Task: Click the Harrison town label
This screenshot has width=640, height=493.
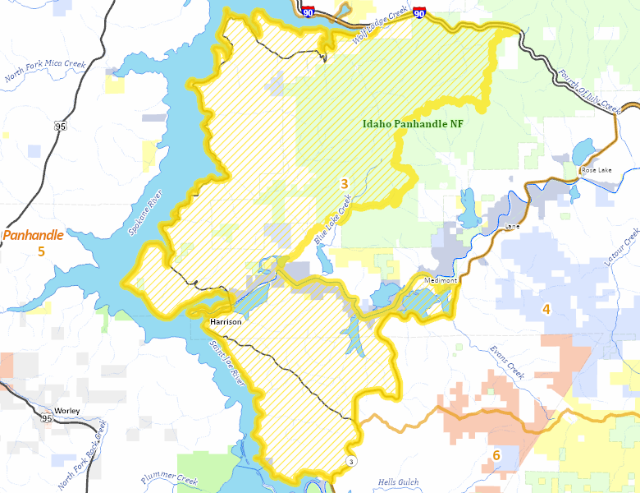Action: point(226,321)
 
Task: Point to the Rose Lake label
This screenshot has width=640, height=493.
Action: point(597,170)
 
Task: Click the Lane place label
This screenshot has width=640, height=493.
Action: point(513,225)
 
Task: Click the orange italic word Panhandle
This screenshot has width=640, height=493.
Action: point(34,235)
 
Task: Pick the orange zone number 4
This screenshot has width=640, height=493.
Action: point(546,309)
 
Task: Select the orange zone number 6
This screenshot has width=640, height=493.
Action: point(496,454)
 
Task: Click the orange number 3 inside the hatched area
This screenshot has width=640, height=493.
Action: point(345,183)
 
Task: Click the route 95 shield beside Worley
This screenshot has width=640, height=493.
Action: point(46,419)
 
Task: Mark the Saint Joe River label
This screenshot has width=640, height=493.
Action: point(226,362)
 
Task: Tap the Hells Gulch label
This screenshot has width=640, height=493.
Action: point(398,481)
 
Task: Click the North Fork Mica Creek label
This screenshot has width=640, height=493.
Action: point(45,71)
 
